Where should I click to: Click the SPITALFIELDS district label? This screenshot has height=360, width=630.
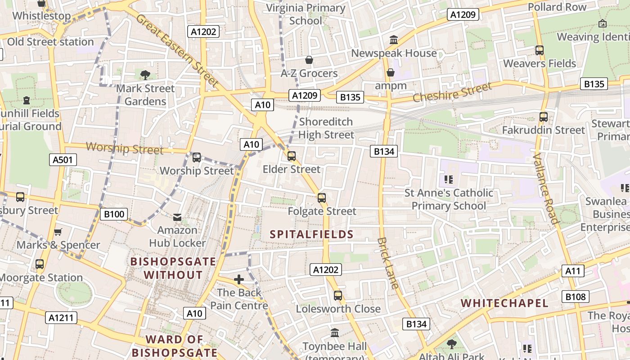(311, 234)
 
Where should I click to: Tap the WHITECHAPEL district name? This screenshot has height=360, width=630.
(504, 303)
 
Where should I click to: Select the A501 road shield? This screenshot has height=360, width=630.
(63, 160)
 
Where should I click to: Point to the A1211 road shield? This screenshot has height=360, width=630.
(62, 318)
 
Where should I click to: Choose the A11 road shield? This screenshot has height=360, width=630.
(573, 271)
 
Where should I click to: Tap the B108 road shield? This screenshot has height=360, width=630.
(576, 297)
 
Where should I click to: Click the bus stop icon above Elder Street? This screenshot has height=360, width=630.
(292, 156)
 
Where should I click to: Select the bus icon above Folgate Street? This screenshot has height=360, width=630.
(321, 198)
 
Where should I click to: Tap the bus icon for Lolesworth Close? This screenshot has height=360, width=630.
(338, 296)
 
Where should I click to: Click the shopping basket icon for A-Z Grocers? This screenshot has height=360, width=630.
(309, 60)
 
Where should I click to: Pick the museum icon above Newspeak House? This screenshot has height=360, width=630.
(394, 40)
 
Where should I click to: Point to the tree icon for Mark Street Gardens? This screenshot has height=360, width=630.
(145, 75)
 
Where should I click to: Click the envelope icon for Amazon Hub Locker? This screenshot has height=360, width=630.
(177, 217)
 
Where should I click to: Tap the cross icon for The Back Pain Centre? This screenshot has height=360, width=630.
(239, 279)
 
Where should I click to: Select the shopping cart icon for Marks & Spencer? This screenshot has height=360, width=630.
(58, 232)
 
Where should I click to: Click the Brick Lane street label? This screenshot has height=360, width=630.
(388, 263)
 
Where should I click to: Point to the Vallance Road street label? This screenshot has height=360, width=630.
(545, 189)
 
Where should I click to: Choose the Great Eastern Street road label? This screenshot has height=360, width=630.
(177, 50)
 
